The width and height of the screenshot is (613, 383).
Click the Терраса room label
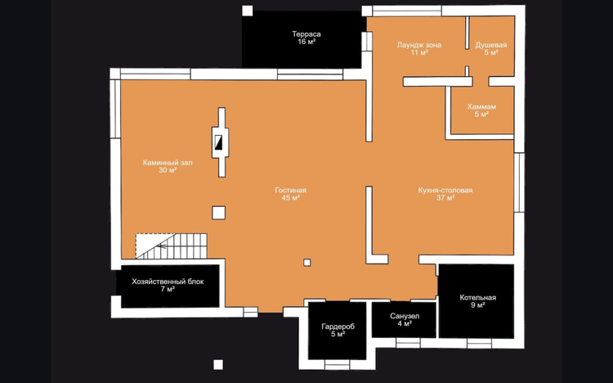[306, 34]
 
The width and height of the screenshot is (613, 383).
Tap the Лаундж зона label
[419, 45]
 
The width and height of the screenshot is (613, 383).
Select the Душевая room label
[490, 45]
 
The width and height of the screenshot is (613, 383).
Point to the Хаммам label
[481, 106]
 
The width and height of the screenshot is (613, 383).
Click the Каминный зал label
[168, 163]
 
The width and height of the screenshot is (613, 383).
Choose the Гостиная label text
[290, 191]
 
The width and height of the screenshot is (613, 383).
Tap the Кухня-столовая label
[445, 191]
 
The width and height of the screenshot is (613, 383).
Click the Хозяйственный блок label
[168, 282]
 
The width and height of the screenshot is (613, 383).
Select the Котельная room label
[478, 298]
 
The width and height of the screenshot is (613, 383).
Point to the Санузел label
[405, 316]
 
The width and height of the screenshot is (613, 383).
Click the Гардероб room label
[338, 327]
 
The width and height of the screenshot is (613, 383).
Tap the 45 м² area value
[290, 198]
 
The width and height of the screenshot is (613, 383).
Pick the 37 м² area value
[445, 198]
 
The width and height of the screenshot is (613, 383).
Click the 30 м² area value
[168, 170]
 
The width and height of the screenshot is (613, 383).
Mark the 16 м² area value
[306, 42]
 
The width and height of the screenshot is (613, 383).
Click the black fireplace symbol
[218, 142]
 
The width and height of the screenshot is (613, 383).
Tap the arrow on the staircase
[162, 246]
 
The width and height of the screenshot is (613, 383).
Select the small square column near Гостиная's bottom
[306, 263]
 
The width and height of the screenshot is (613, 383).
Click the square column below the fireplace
[218, 213]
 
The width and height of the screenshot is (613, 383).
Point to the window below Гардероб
[337, 365]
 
